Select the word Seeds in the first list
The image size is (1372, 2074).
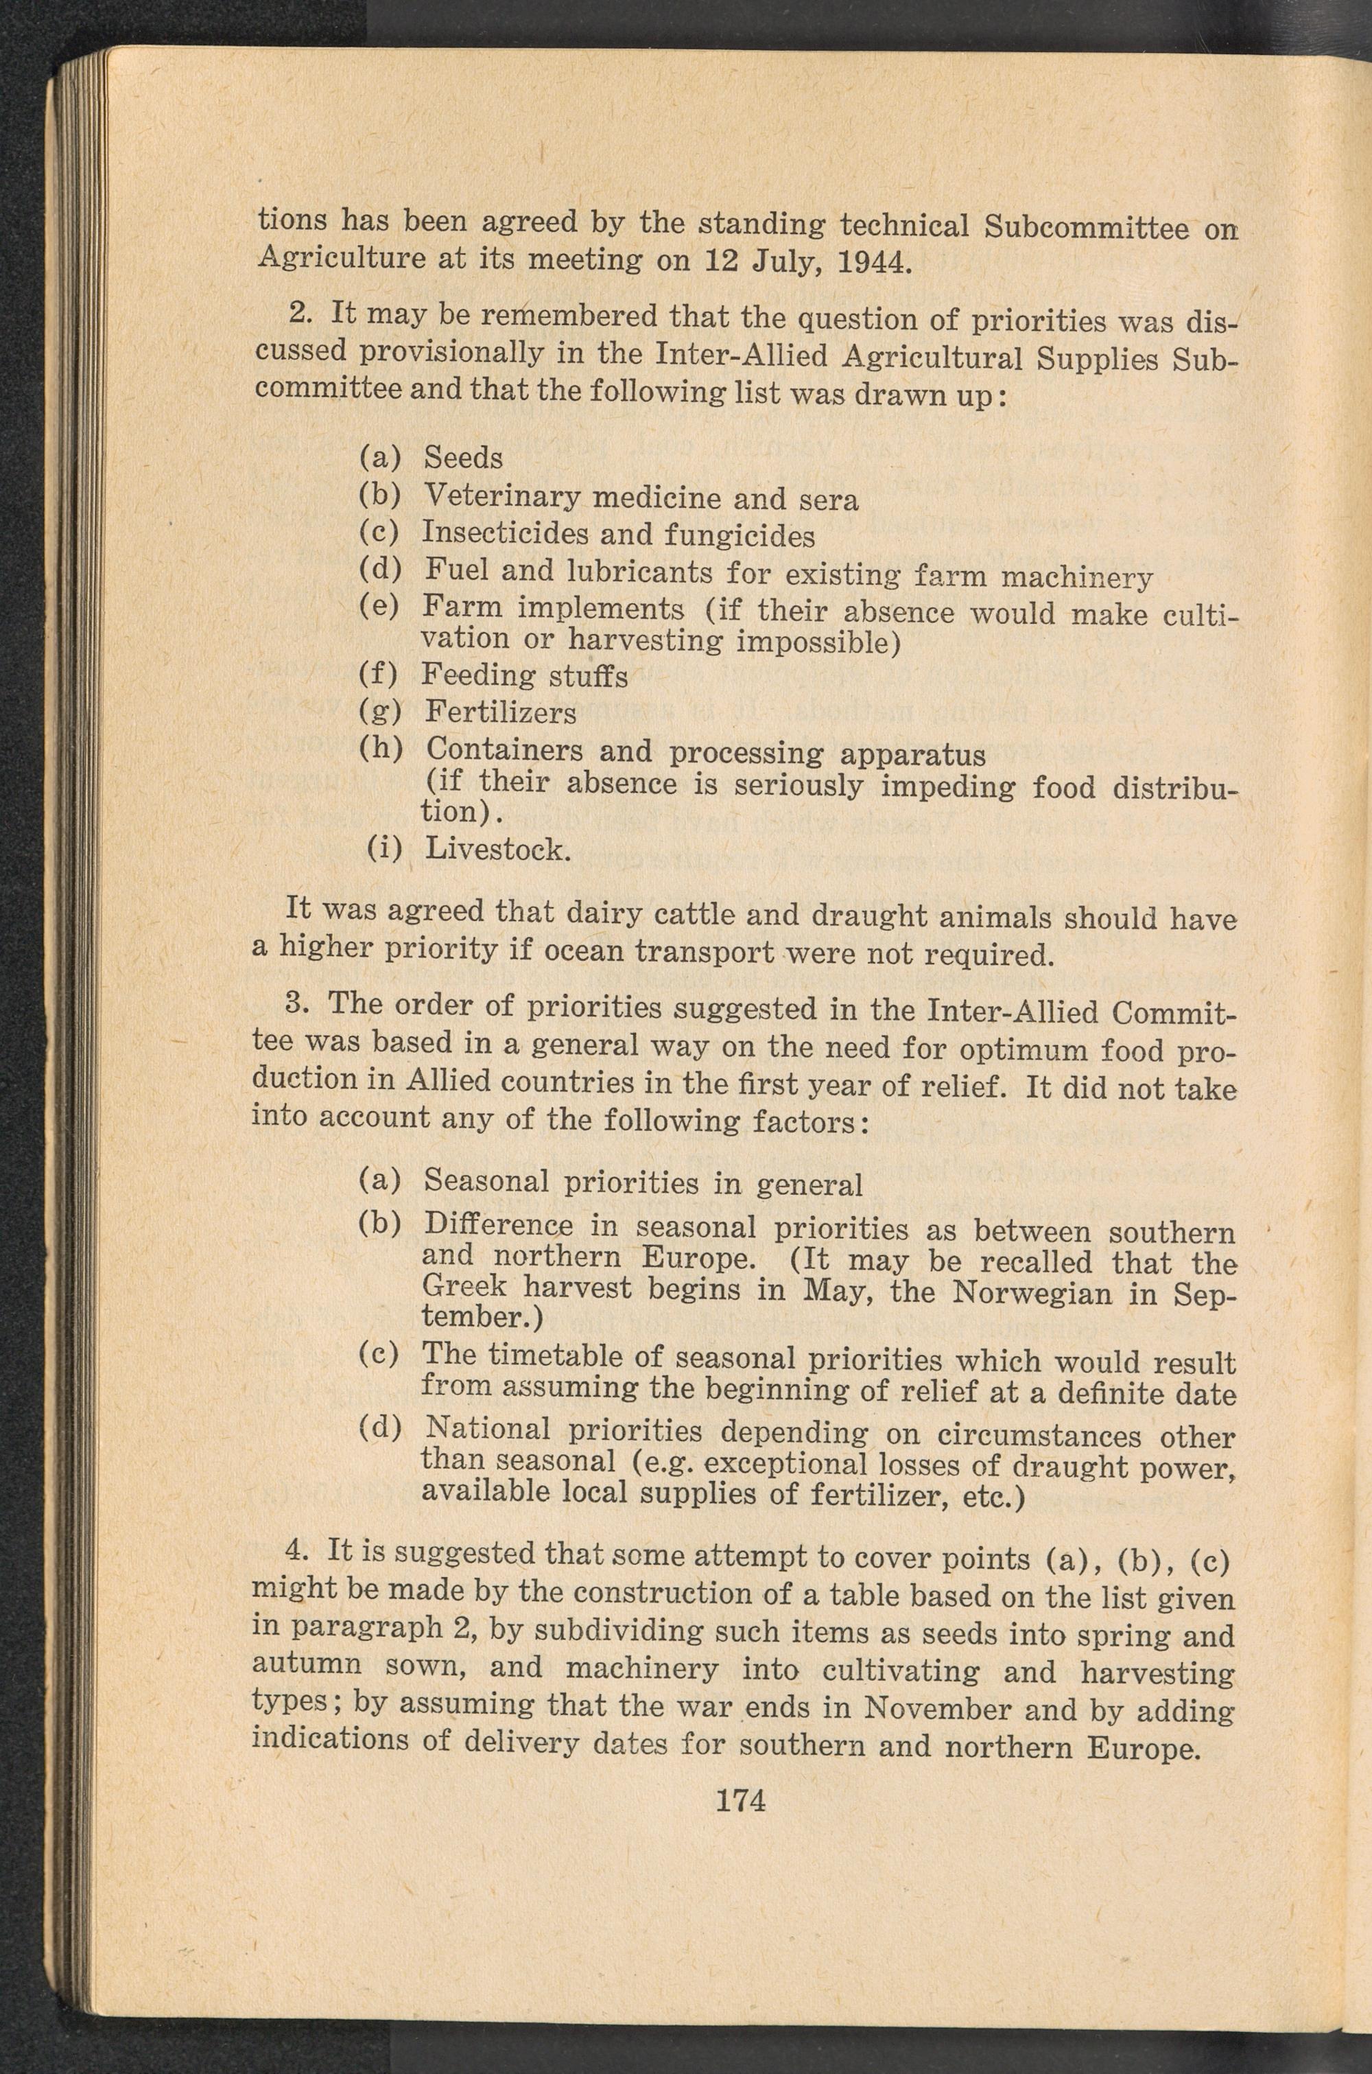(463, 457)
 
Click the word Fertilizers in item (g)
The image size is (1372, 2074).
(501, 712)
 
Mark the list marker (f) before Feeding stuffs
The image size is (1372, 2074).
(379, 675)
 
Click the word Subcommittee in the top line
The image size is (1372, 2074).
(1086, 228)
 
